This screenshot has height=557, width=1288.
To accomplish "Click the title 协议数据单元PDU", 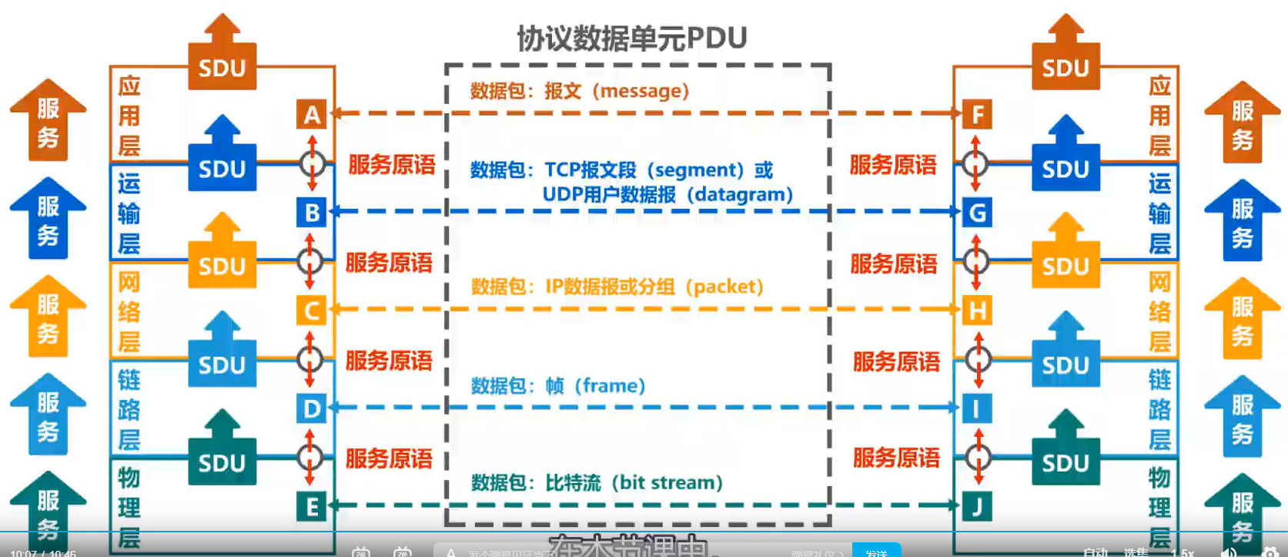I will coord(631,38).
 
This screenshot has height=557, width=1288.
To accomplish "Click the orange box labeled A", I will coord(312,115).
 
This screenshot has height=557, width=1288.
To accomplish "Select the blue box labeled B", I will coord(312,212).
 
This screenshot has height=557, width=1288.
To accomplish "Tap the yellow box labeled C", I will coord(312,310).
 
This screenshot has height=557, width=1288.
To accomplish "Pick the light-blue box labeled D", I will coord(312,408).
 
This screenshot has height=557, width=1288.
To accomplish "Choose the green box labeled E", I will coord(312,506).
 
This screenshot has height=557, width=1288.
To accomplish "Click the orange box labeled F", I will coord(977,115).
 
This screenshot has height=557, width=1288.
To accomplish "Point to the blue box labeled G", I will coord(977,212).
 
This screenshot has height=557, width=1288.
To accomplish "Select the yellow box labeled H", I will coord(977,310).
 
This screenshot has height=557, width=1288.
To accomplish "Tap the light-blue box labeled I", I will coord(977,408).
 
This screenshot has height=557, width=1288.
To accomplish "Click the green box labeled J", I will coord(977,506).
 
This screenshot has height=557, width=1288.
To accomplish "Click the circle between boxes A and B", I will coord(312,163).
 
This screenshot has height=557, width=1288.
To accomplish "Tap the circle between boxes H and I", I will coord(978,359).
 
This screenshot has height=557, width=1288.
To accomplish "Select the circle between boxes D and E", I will coord(310,457).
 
